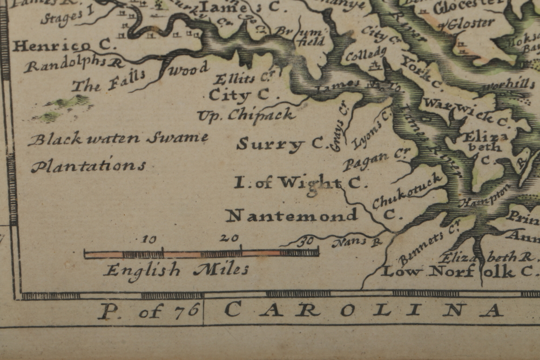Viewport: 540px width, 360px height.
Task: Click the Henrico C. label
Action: (x=64, y=46)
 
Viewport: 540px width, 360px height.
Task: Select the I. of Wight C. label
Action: (x=300, y=183)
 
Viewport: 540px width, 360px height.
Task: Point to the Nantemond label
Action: (x=292, y=216)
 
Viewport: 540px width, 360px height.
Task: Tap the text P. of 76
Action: (x=150, y=311)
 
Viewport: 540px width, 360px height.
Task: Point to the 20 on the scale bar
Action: (x=230, y=237)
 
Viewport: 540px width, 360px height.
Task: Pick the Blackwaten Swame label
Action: (x=118, y=139)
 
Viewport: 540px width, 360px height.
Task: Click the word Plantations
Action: (x=88, y=166)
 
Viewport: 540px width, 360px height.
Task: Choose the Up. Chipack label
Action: (x=246, y=115)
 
